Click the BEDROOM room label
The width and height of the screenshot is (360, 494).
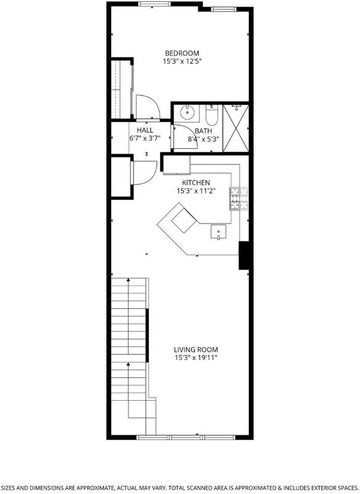pyautogui.click(x=182, y=53)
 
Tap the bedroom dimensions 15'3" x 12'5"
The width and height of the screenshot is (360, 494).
pyautogui.click(x=182, y=61)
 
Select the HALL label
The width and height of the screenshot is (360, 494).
pyautogui.click(x=145, y=130)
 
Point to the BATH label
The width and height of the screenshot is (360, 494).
pyautogui.click(x=203, y=131)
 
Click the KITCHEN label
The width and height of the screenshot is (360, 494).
pyautogui.click(x=196, y=183)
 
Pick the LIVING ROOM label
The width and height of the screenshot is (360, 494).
pyautogui.click(x=196, y=350)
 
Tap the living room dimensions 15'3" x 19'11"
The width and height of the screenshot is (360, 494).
pyautogui.click(x=196, y=358)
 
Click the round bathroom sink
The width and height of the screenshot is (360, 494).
pyautogui.click(x=187, y=112)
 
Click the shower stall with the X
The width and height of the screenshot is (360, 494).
pyautogui.click(x=236, y=128)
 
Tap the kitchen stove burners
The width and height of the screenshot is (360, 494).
pyautogui.click(x=239, y=198)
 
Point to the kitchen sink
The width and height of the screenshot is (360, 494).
pyautogui.click(x=218, y=232)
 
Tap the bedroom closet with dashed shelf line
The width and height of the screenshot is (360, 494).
pyautogui.click(x=121, y=89)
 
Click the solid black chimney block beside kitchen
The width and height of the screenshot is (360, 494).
pyautogui.click(x=245, y=256)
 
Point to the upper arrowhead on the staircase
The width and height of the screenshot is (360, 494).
pyautogui.click(x=128, y=280)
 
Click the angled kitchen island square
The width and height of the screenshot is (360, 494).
pyautogui.click(x=184, y=220)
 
